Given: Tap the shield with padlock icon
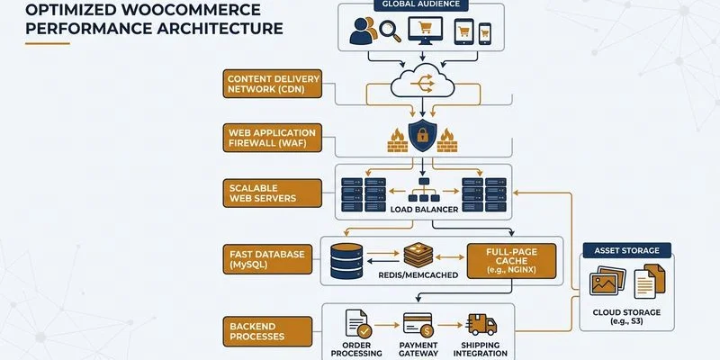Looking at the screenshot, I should (423, 136).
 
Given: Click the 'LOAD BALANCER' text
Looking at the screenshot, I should (422, 209).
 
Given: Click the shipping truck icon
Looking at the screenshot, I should (481, 326).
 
